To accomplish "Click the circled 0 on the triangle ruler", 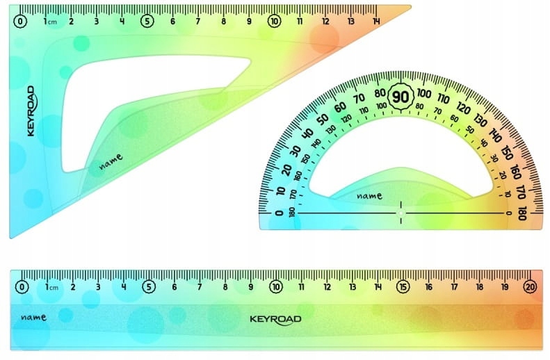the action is (x=20, y=22).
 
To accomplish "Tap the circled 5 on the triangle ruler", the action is (x=147, y=22).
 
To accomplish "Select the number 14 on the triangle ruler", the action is (x=376, y=22).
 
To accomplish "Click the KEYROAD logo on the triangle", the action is (x=31, y=111).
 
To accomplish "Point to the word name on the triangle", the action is (x=111, y=162).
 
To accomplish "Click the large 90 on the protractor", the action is (x=401, y=97).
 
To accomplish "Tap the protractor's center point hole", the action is (x=401, y=213).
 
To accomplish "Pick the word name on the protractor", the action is (x=369, y=195).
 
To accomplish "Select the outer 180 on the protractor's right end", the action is (x=522, y=213).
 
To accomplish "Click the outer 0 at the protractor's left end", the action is (x=280, y=213).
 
